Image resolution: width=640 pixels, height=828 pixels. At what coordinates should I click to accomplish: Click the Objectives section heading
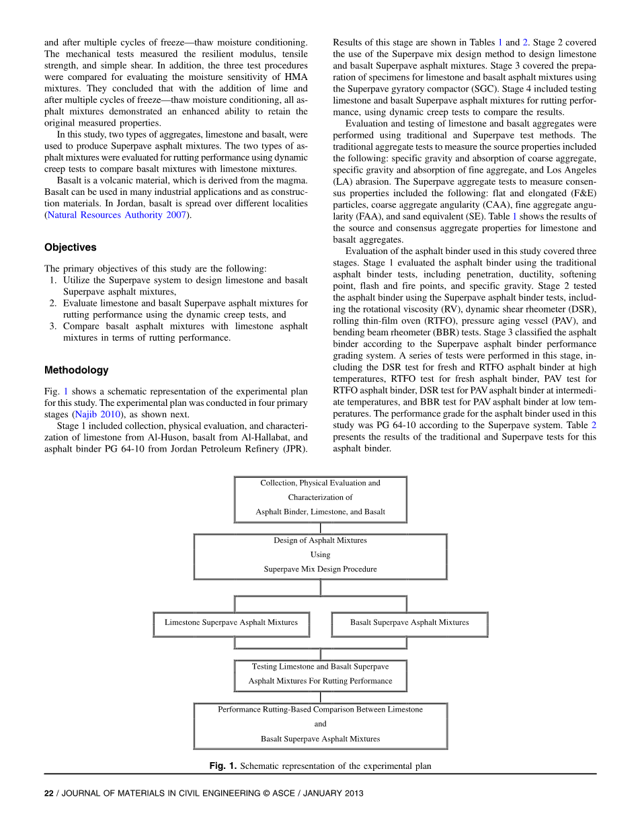pos(70,247)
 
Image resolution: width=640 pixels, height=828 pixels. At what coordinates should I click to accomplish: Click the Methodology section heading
pos(76,370)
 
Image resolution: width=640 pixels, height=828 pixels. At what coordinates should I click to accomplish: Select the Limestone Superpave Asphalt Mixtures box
pos(231,623)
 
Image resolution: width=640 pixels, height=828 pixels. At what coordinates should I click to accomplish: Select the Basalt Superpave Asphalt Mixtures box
pos(409,623)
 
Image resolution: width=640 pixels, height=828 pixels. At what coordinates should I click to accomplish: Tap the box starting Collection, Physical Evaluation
pos(320,498)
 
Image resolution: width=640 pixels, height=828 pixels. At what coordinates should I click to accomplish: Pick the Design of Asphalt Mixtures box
pos(320,556)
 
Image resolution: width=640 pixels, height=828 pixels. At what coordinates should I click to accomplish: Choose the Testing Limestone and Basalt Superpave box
pos(320,674)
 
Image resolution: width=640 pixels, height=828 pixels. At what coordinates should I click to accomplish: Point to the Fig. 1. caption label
pos(223,765)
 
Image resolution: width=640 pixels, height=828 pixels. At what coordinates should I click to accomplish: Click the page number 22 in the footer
pos(48,793)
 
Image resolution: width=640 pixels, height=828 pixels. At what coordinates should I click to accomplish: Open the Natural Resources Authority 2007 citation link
pos(116,215)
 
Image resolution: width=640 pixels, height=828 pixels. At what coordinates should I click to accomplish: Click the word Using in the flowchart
pos(320,555)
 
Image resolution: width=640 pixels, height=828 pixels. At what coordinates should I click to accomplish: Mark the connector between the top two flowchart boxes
pos(320,528)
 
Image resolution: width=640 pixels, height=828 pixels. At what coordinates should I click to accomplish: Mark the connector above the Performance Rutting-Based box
pos(320,697)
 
